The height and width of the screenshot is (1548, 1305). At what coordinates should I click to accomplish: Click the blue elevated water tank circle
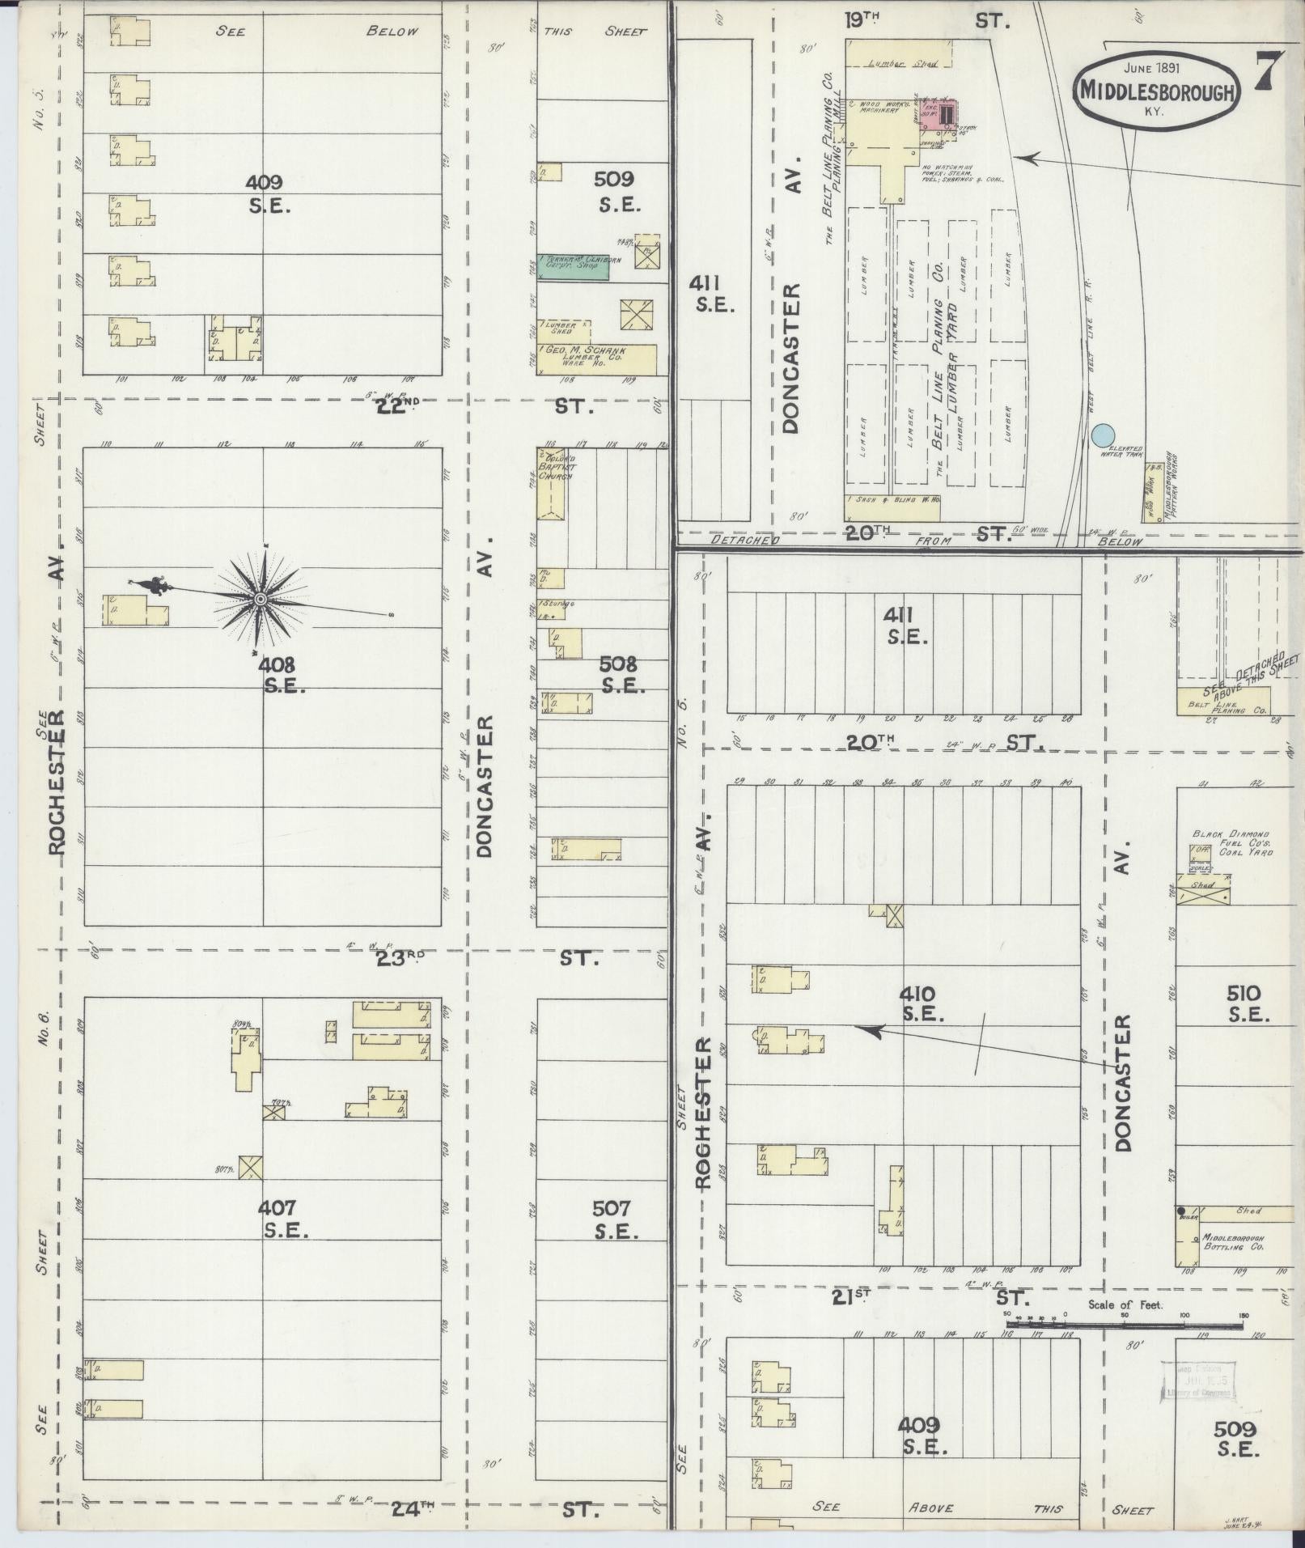(x=1100, y=435)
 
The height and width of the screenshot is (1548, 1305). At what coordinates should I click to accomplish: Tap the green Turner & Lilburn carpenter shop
(x=574, y=266)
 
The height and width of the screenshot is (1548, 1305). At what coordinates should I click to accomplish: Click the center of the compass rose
(x=261, y=599)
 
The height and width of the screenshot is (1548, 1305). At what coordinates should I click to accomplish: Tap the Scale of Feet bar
(x=1125, y=1325)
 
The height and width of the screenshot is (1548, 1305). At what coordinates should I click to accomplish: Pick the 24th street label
(x=413, y=1508)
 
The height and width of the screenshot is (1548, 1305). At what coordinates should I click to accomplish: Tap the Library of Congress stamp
(x=1197, y=1379)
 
